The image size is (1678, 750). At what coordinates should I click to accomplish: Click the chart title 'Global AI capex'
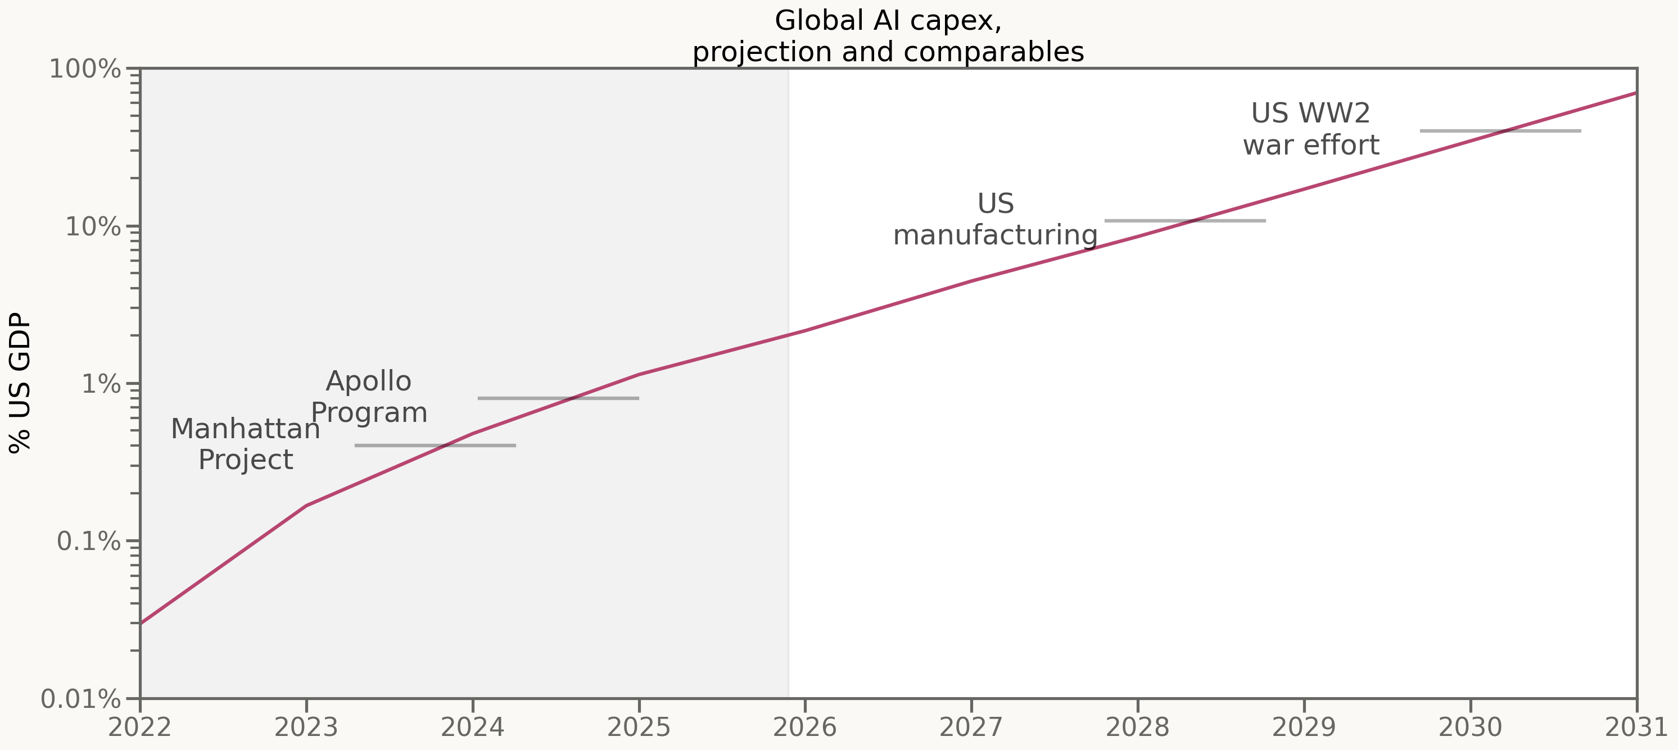888,21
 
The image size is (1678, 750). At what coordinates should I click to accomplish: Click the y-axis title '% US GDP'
20,383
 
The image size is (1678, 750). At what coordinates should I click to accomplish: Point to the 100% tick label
85,69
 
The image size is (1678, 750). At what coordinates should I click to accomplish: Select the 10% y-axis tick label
93,227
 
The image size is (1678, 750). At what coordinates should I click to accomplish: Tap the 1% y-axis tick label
101,384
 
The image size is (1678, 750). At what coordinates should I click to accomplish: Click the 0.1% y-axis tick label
89,542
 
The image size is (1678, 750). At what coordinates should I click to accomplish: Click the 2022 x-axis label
139,727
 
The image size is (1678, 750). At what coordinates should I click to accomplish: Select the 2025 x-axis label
639,727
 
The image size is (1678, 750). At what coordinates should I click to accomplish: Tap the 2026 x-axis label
805,727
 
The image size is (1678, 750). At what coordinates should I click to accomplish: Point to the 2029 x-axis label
1304,727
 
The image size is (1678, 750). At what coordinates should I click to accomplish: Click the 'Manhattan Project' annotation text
246,444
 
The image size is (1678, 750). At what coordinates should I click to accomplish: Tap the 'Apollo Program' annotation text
369,397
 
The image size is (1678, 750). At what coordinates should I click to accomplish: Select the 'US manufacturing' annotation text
996,220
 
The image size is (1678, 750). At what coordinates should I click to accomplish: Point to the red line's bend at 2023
306,506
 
